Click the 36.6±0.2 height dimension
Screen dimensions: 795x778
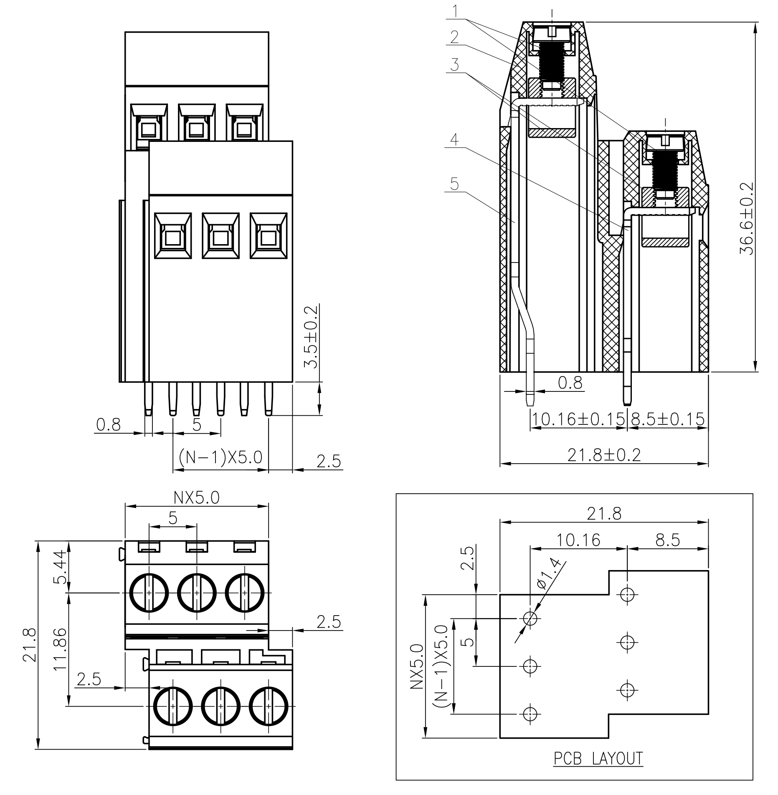(x=746, y=218)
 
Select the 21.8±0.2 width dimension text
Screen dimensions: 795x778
(x=604, y=454)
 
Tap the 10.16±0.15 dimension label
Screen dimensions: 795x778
(x=579, y=419)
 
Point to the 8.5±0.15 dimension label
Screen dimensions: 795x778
(x=667, y=419)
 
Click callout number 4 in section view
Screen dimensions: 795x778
(x=454, y=139)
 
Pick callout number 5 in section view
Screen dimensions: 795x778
(x=454, y=184)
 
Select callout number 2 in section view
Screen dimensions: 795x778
(x=454, y=37)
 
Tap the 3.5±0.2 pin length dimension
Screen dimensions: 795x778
(x=311, y=337)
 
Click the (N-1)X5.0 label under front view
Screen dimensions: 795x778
(x=220, y=457)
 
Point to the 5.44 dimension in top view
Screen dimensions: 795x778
(x=60, y=567)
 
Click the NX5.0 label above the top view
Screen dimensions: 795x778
(x=196, y=497)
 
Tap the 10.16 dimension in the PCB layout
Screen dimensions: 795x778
(x=578, y=540)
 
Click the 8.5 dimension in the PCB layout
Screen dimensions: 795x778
(x=667, y=540)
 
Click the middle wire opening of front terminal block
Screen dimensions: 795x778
(x=220, y=236)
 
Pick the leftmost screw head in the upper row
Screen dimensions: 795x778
(x=149, y=593)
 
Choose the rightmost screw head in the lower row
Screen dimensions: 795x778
(x=269, y=706)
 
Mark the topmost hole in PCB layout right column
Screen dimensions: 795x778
(x=627, y=594)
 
